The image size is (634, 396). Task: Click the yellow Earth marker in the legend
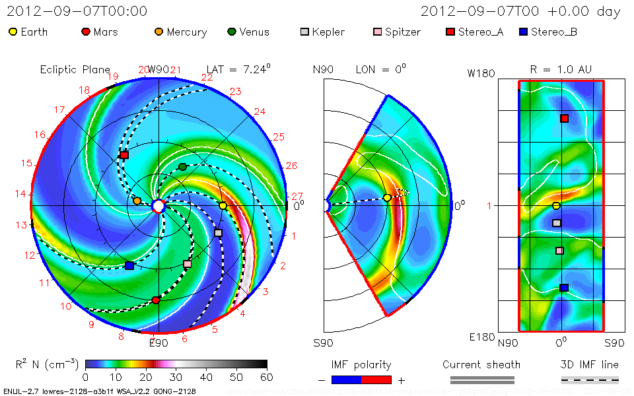(13, 32)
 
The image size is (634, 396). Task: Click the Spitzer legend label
(402, 32)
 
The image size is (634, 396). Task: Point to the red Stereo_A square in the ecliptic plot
(124, 155)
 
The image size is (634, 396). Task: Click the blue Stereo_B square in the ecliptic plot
(129, 266)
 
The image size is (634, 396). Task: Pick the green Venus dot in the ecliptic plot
(183, 166)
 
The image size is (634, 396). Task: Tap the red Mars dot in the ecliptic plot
(156, 300)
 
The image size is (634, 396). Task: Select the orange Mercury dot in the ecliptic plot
(137, 201)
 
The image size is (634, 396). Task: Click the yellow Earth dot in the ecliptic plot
(223, 206)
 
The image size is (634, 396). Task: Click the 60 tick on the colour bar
(267, 377)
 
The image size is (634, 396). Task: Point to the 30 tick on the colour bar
(176, 377)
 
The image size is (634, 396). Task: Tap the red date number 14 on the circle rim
(20, 194)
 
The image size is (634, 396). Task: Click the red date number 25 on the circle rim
(278, 137)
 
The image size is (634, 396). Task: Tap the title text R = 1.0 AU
(561, 69)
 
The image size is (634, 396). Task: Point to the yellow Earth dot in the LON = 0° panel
(387, 197)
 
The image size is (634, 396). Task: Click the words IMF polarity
(361, 364)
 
